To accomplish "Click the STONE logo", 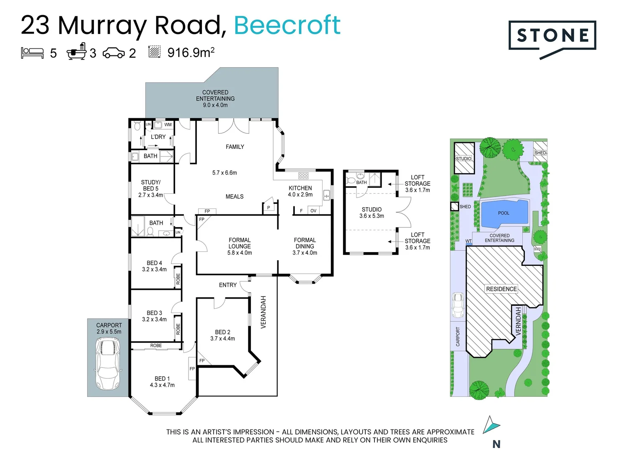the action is point(552,36).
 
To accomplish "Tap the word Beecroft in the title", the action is point(287,25).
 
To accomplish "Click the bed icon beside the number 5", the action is point(32,53).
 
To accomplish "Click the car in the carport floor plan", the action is point(108,364).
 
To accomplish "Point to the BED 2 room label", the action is point(222,332).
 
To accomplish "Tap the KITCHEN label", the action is point(300,188).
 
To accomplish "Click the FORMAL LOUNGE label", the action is point(240,243).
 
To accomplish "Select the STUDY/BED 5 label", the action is point(151,185).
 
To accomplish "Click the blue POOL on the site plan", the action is point(504,213).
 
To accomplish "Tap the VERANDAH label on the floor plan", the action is point(263,312).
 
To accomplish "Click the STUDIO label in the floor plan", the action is point(372,209).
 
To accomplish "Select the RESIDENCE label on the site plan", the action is point(501,289).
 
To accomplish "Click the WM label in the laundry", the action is point(168,125).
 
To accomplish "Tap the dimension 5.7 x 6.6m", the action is point(225,173).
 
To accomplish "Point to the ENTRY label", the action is point(228,285).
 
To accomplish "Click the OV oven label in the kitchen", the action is point(313,211).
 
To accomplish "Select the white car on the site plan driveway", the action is point(458,305).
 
